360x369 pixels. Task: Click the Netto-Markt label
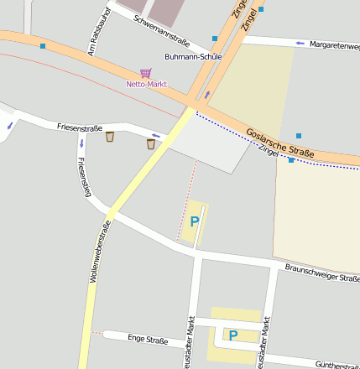point(146,85)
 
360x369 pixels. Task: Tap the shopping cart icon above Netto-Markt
point(146,74)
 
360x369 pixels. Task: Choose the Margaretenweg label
point(334,44)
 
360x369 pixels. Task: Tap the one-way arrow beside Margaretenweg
point(300,43)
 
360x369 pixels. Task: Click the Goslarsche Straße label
point(280,143)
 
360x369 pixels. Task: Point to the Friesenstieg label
point(83,176)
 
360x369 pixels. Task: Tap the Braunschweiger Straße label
point(322,273)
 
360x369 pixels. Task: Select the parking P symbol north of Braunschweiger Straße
point(195,221)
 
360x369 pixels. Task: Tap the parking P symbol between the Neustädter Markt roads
point(233,335)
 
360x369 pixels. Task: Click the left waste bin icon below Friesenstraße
point(110,138)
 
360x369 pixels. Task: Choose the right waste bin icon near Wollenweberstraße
point(151,143)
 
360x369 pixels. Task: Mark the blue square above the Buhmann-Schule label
point(215,39)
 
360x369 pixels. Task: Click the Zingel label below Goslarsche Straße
point(268,150)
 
